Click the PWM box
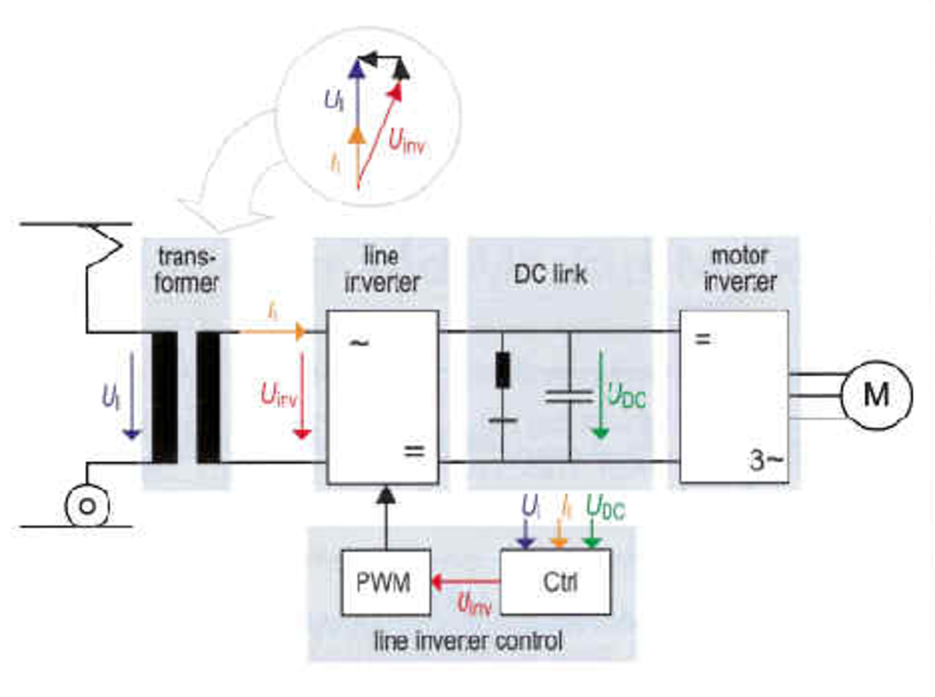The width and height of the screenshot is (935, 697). click(x=386, y=582)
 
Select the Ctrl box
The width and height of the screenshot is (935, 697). click(x=556, y=582)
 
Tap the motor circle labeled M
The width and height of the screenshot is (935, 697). click(x=876, y=396)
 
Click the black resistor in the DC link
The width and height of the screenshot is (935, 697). click(x=502, y=370)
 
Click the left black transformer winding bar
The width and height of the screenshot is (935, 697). click(x=164, y=397)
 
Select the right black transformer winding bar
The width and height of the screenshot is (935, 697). click(x=208, y=397)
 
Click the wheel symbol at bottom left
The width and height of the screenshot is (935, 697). click(x=87, y=506)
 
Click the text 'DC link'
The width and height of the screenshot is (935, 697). click(x=550, y=274)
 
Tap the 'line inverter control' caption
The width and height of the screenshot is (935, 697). click(x=468, y=641)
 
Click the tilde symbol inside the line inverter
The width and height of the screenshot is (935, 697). click(x=359, y=343)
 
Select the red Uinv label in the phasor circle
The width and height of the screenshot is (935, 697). click(x=407, y=141)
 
